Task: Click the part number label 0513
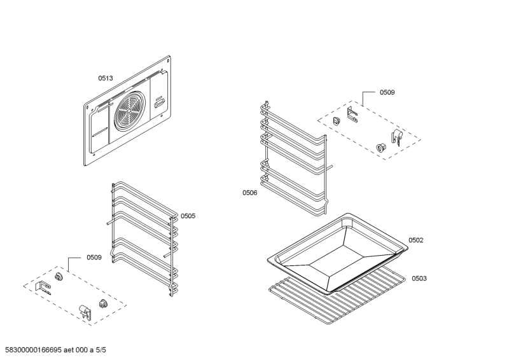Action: [x=105, y=78]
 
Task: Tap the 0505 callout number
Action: [x=188, y=216]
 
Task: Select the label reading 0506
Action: [x=249, y=192]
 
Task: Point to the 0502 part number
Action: [x=415, y=240]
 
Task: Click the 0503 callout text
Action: [x=419, y=279]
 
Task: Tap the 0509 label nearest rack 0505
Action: [x=94, y=258]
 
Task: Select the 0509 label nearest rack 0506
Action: [x=387, y=93]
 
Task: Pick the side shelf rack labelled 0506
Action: [x=296, y=156]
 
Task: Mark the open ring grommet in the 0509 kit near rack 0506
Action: [x=381, y=147]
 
